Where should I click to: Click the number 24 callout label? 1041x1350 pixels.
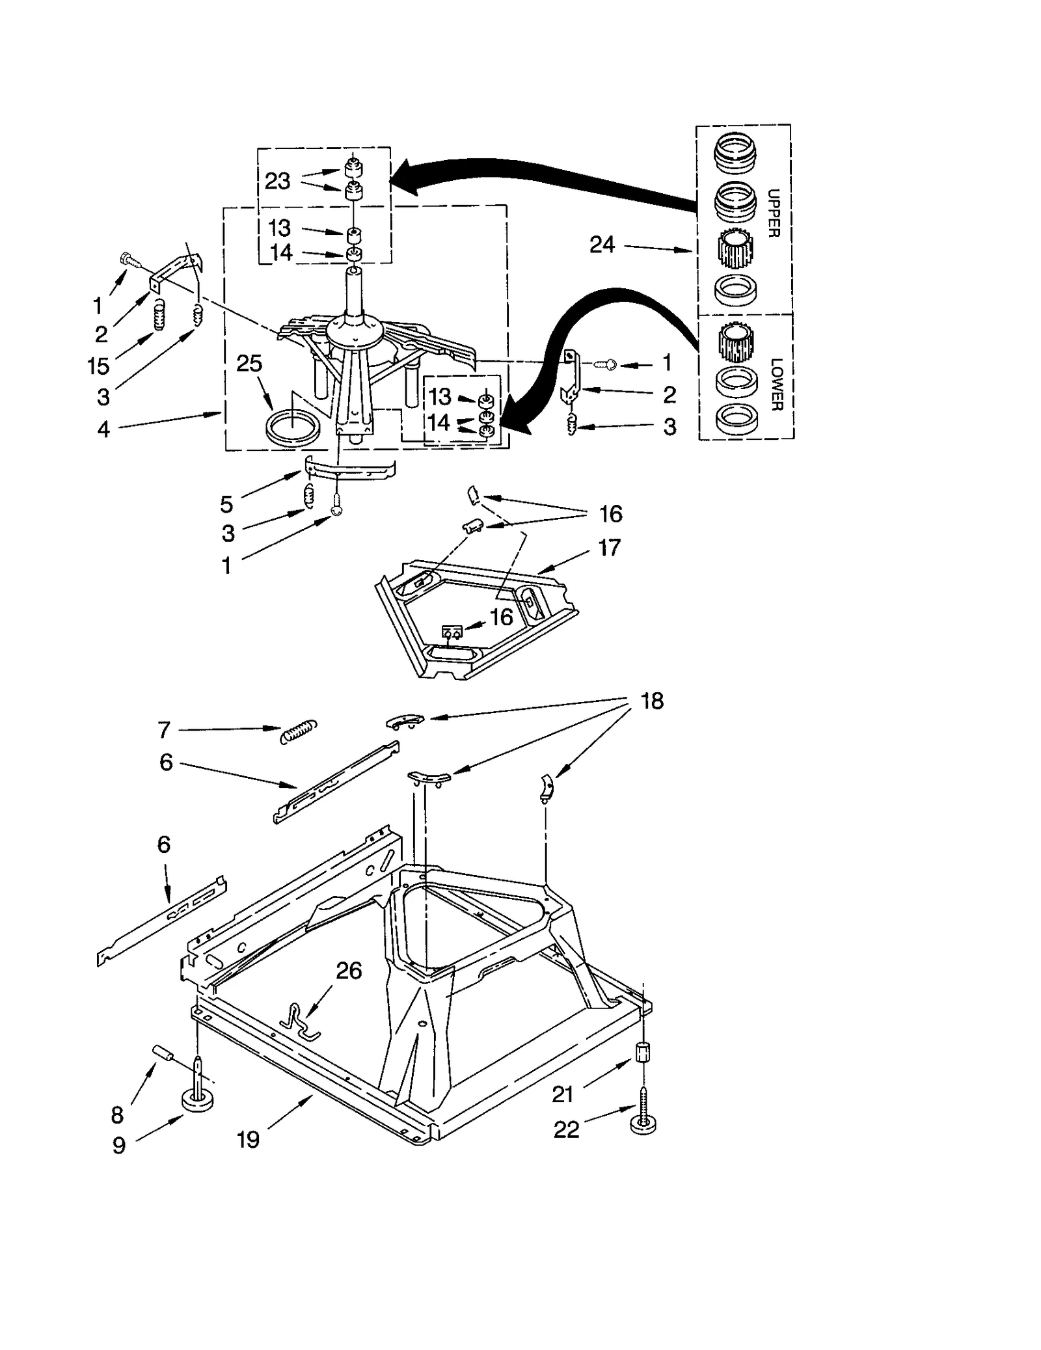click(x=601, y=245)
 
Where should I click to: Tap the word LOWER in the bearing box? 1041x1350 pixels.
click(x=776, y=384)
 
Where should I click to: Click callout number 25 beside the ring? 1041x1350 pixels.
click(x=249, y=363)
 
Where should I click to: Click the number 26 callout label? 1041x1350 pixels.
click(x=349, y=971)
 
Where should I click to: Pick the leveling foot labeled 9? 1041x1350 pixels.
click(x=198, y=1100)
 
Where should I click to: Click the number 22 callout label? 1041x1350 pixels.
click(x=566, y=1129)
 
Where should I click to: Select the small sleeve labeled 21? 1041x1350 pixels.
click(x=642, y=1053)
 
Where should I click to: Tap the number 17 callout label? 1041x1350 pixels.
click(x=609, y=547)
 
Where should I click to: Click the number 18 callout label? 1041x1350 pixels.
click(x=652, y=701)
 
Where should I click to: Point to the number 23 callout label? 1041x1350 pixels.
click(x=277, y=181)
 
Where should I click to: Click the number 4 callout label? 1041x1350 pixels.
click(x=103, y=429)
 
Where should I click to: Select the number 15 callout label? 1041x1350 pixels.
click(x=98, y=366)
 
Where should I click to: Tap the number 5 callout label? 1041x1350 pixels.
click(x=226, y=504)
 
